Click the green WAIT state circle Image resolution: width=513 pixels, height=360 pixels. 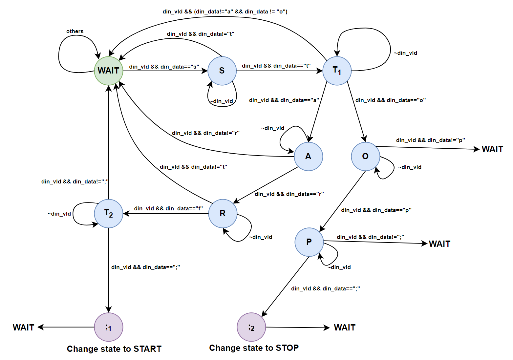click(x=109, y=71)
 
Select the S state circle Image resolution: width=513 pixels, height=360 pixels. click(x=222, y=71)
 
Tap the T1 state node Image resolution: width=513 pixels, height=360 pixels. click(x=337, y=71)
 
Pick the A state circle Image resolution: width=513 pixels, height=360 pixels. click(x=309, y=157)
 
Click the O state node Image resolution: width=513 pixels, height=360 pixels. click(x=366, y=157)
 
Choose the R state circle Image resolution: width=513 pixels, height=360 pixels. click(x=223, y=214)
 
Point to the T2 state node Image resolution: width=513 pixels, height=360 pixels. click(x=109, y=214)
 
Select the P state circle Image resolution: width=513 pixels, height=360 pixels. click(x=309, y=242)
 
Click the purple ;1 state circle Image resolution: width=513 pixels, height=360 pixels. click(x=109, y=327)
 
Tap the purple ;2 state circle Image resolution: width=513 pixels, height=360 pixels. click(x=251, y=327)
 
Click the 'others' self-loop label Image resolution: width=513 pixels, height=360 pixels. click(x=75, y=32)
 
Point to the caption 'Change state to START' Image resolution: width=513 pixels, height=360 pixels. click(x=114, y=349)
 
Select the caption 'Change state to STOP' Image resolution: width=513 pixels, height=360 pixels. click(x=254, y=348)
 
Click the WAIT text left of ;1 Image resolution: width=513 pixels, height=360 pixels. click(x=24, y=328)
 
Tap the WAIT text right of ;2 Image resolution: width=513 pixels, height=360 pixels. click(x=345, y=328)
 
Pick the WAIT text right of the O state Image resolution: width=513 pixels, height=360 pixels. click(x=492, y=149)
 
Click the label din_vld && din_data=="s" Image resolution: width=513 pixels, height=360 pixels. click(x=164, y=67)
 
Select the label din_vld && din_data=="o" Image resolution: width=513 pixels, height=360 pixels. click(x=391, y=100)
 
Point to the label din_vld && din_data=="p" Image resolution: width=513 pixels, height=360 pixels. click(x=376, y=210)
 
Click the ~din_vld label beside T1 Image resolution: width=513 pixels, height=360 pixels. click(x=406, y=53)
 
